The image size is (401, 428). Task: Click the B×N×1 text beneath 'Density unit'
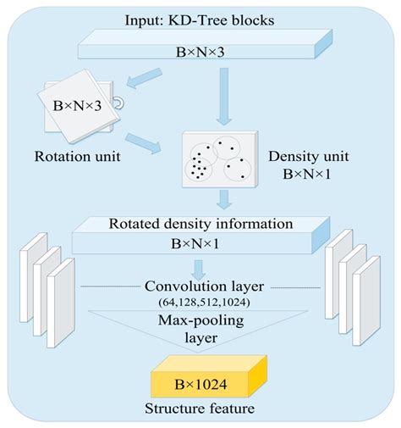[306, 175]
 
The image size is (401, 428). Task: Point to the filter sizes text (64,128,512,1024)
[200, 303]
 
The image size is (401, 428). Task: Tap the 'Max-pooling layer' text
[200, 329]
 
